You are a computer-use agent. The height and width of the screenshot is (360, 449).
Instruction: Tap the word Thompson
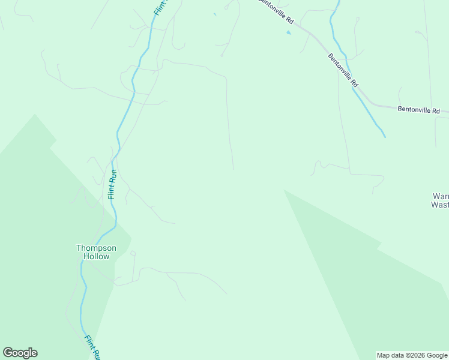tap(96, 248)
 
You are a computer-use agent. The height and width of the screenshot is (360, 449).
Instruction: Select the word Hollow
tap(96, 256)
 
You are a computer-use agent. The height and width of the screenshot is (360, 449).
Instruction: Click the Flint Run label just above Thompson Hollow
tap(112, 185)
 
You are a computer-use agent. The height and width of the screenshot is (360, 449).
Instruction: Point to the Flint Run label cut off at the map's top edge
tap(159, 7)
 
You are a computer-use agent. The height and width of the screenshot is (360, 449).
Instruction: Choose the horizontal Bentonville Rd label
tap(418, 110)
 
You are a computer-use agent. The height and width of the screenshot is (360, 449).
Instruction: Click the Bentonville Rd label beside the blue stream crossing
tap(343, 70)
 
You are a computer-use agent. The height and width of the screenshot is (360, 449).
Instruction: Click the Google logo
tap(20, 353)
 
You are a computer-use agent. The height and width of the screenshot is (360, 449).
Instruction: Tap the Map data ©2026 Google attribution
tap(412, 355)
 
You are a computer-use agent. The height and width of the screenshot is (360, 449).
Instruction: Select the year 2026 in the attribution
tap(414, 355)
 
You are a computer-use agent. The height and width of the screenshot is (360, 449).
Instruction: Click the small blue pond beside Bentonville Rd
tap(289, 32)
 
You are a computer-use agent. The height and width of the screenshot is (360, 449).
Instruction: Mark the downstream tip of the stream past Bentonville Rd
tap(385, 137)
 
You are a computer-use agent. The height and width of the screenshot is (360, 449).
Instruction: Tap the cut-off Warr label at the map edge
tap(441, 196)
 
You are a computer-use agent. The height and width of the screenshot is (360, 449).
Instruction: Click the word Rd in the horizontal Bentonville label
tap(435, 111)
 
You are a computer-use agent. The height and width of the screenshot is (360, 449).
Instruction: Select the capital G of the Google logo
tap(8, 353)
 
